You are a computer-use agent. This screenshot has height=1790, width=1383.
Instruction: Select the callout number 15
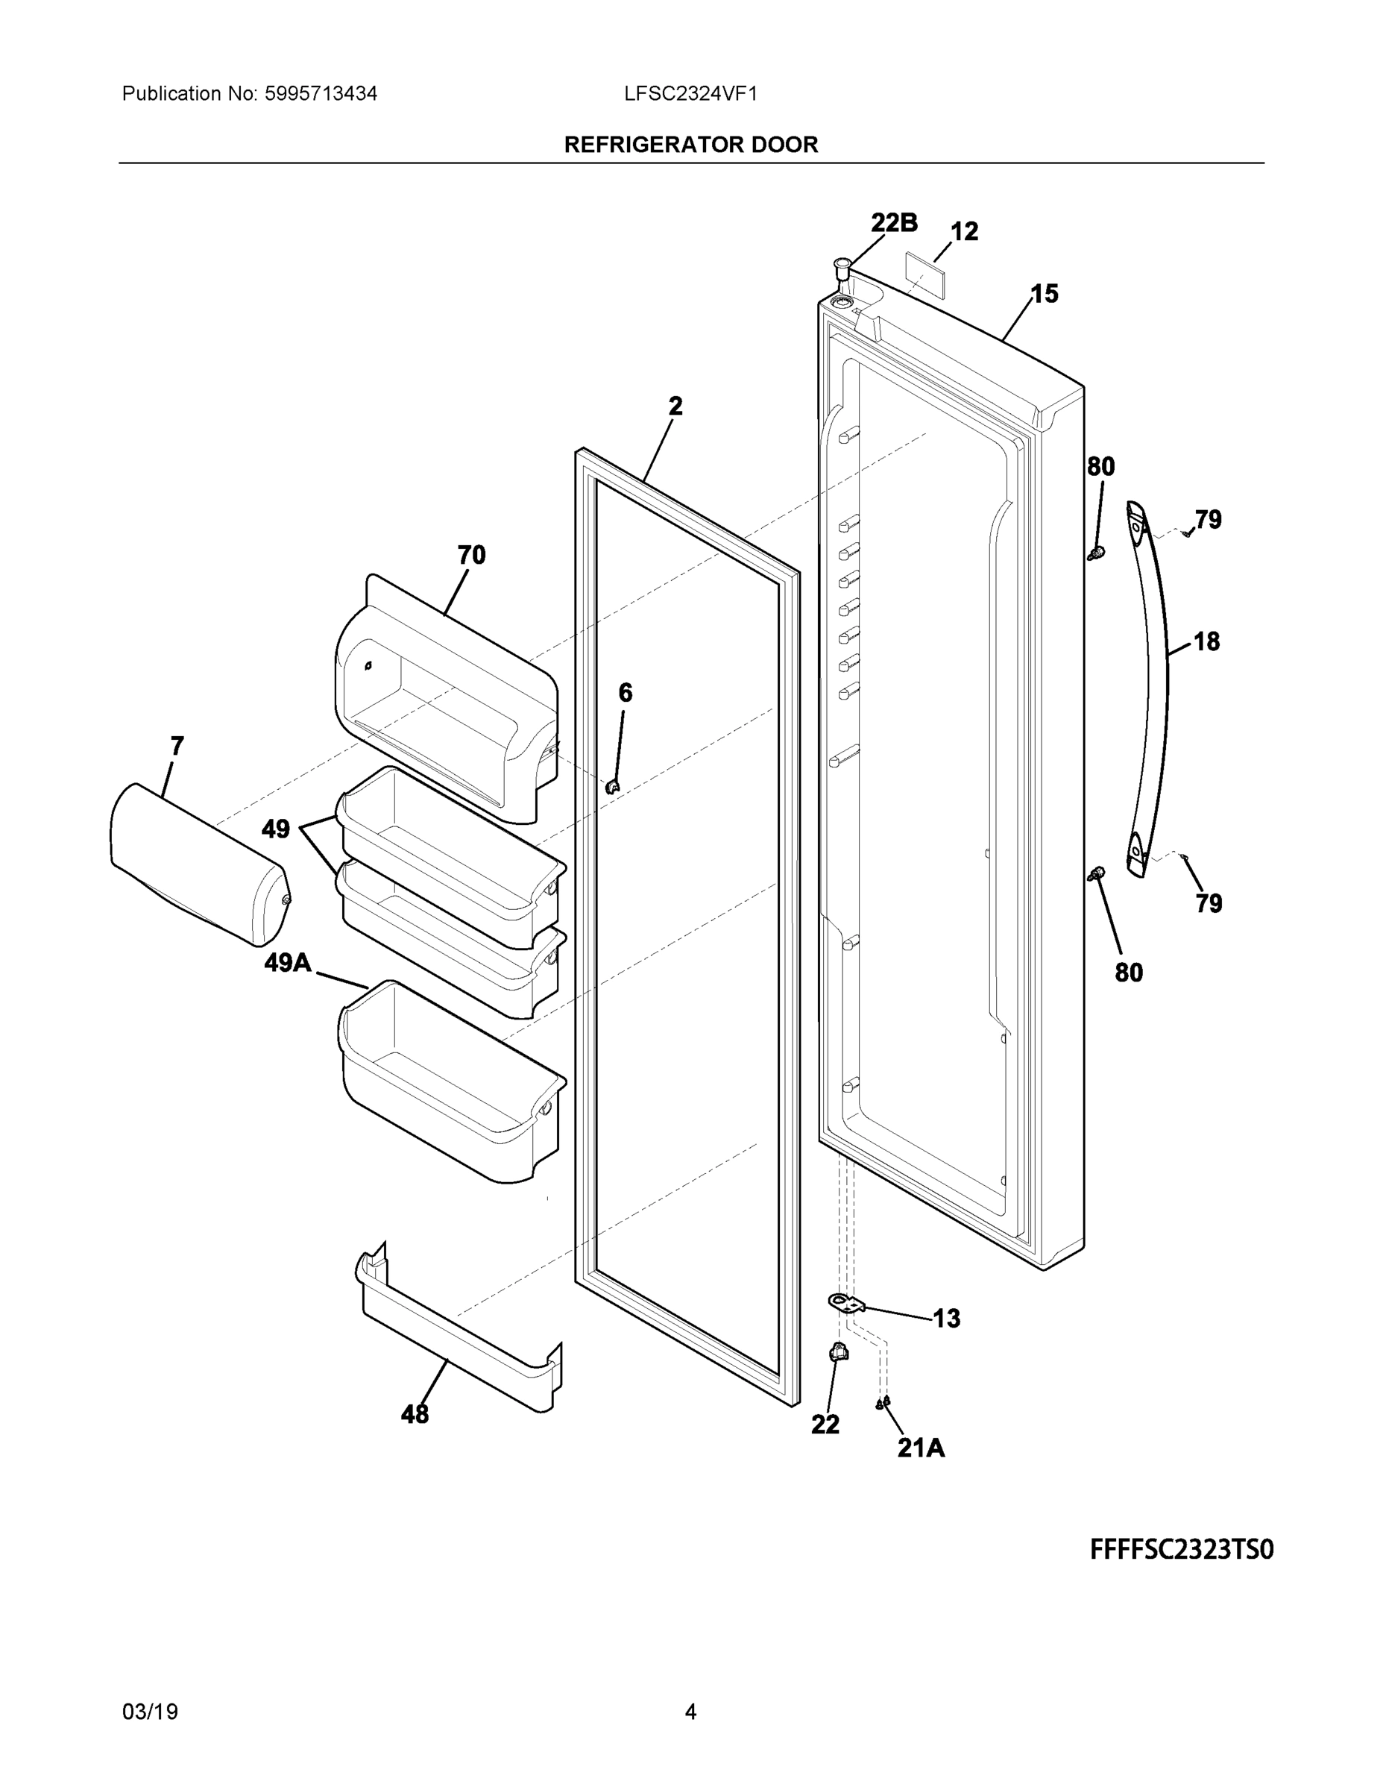pos(1044,293)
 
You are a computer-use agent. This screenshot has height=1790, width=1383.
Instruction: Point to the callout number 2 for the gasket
pos(675,406)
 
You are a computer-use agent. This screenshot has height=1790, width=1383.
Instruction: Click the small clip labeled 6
pos(612,787)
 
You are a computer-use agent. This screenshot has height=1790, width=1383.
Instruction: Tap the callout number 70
pos(471,555)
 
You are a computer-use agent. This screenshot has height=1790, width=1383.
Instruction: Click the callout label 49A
pos(288,963)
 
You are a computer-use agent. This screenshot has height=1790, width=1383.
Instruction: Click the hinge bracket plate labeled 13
pos(846,1302)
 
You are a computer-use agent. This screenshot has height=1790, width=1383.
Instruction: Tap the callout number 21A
pos(921,1449)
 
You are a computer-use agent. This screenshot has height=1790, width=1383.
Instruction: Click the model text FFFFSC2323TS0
pos(1182,1550)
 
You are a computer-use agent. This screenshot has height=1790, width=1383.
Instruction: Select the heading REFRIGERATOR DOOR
pos(690,145)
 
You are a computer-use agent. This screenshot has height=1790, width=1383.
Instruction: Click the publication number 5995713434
pos(321,94)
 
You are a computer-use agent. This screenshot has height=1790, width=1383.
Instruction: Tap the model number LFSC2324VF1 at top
pos(690,94)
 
